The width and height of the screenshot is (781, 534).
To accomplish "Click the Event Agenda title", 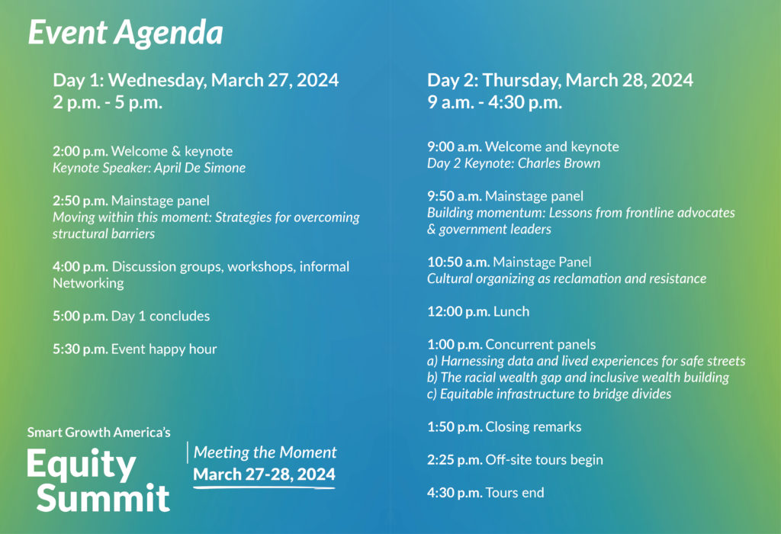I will tap(125, 33).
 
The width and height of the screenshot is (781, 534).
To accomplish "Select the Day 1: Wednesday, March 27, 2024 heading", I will tap(195, 80).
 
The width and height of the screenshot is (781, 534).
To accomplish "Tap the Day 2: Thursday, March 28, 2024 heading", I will tap(560, 80).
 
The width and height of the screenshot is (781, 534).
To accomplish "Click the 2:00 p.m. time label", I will tap(80, 151).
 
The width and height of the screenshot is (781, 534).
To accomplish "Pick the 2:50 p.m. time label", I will tap(80, 201).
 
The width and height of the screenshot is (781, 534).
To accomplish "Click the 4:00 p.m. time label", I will tap(80, 267).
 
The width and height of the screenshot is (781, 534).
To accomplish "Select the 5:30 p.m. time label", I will tap(80, 349).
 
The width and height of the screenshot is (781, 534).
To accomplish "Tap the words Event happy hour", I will tap(164, 349).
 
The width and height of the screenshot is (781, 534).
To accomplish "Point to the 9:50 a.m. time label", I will tap(455, 196).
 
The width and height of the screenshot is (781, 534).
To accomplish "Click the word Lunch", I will tap(511, 311).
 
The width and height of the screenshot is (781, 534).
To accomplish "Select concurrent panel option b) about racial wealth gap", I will tap(578, 378).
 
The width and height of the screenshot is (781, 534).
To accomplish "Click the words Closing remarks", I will tap(533, 426).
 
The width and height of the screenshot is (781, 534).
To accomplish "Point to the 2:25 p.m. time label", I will tap(455, 460).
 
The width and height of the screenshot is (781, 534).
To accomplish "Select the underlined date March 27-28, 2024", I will tap(264, 474).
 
